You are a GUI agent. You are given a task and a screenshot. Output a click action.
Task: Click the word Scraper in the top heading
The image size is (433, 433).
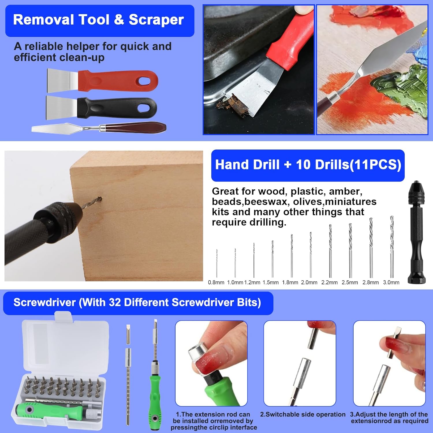156,20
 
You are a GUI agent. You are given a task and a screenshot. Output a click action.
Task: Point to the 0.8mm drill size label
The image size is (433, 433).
216,283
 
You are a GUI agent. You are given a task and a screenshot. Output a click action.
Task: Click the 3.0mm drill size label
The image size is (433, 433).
391,283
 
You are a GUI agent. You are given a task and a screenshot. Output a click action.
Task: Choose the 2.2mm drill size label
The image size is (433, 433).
329,283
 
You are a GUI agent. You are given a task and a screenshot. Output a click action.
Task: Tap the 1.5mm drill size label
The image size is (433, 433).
270,283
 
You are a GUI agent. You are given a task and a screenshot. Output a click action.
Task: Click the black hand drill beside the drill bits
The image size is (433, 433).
417,231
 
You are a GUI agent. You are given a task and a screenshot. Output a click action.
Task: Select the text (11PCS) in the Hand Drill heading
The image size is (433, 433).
375,165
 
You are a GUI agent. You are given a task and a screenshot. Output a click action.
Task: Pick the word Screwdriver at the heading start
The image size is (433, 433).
44,303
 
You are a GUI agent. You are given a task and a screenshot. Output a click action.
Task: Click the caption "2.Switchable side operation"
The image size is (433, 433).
303,415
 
